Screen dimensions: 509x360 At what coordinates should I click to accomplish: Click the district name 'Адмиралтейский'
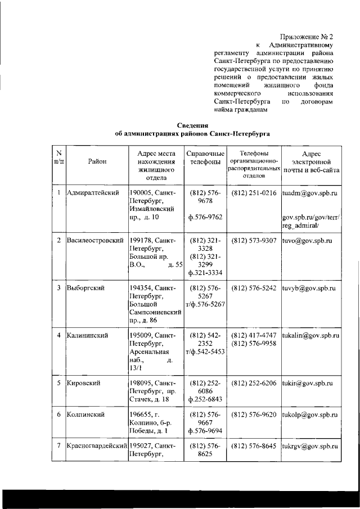click(x=93, y=193)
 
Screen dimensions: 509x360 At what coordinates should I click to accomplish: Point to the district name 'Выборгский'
click(x=84, y=288)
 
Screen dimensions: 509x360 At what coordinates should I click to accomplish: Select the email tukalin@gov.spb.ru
click(x=310, y=336)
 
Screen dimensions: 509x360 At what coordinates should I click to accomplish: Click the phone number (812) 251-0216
click(x=254, y=193)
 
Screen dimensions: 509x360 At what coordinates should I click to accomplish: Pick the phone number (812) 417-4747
click(x=254, y=336)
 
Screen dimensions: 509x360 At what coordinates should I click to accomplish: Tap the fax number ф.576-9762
click(x=205, y=217)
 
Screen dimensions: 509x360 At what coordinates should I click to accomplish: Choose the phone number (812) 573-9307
click(x=254, y=241)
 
